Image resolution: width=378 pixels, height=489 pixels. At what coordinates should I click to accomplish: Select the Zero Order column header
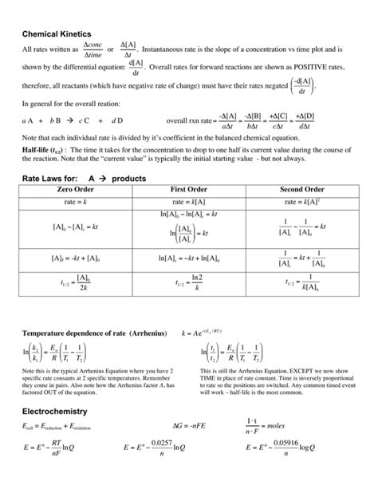click(x=77, y=189)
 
